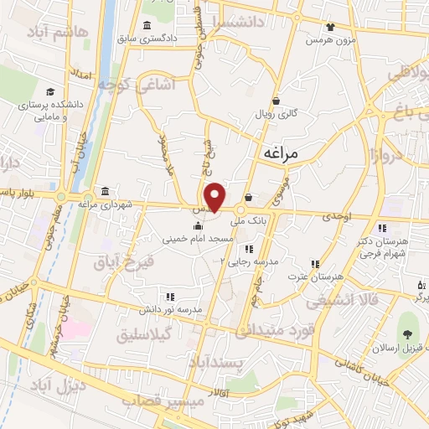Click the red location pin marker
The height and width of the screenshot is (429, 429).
point(215,196)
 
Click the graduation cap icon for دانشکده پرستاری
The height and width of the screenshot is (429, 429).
point(50,91)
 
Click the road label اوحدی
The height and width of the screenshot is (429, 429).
point(330,217)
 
